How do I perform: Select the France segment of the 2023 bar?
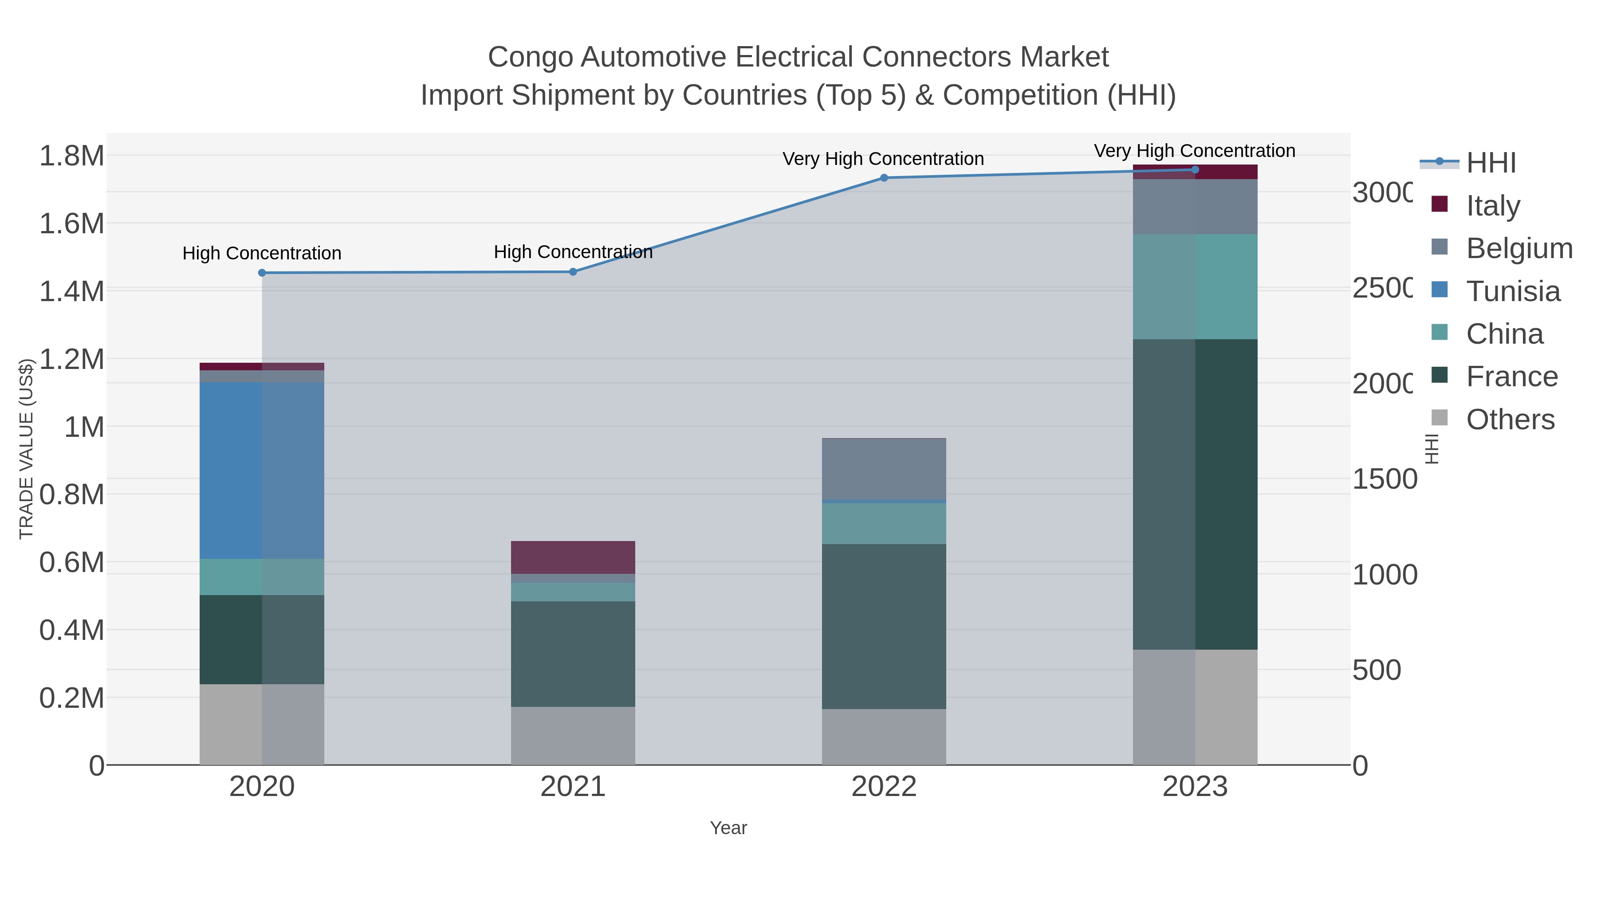pos(1195,494)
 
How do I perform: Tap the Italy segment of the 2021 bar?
pos(572,557)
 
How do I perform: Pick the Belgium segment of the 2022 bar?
pos(883,469)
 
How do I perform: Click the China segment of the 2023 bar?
pos(1195,286)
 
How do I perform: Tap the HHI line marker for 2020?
pos(262,273)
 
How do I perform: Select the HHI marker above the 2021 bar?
pos(573,271)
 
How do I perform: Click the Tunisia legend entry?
pos(1512,291)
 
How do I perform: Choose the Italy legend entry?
pos(1493,205)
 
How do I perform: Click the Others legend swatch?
pos(1440,418)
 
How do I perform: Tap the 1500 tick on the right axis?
pos(1384,479)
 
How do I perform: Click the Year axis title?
pos(728,828)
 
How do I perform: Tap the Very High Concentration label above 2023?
pos(1194,151)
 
